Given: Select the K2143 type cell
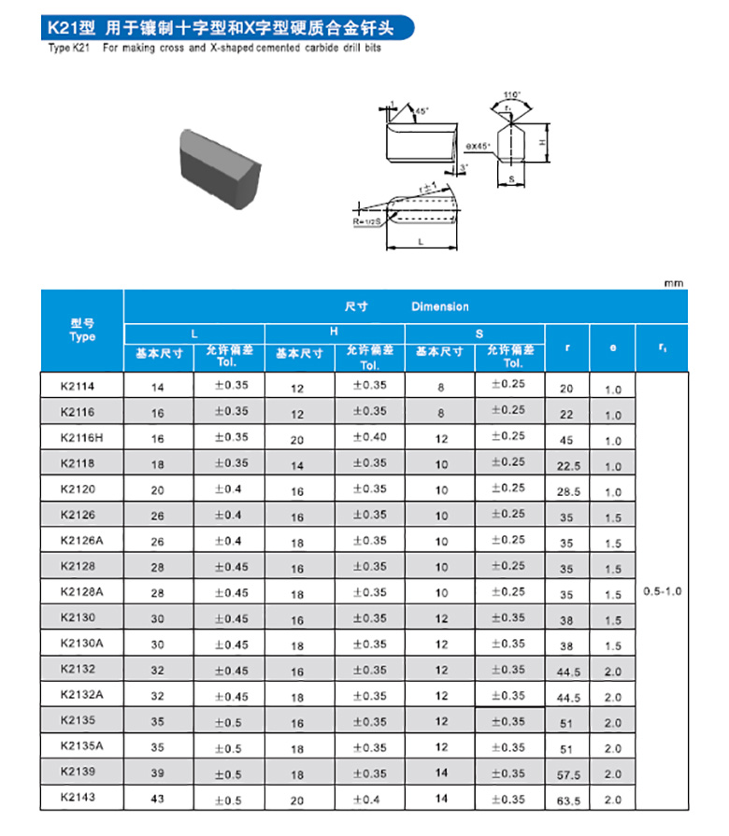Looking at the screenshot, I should [x=78, y=797].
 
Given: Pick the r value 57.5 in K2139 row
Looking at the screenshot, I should [x=566, y=774].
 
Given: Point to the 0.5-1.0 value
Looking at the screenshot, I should [x=663, y=592].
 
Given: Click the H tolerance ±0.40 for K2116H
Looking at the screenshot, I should [x=370, y=437].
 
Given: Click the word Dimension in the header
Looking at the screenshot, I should [x=439, y=306].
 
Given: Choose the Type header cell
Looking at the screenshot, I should [x=82, y=331].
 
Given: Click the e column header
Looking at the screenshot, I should [x=612, y=347].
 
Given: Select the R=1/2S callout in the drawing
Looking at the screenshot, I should [x=369, y=223].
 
